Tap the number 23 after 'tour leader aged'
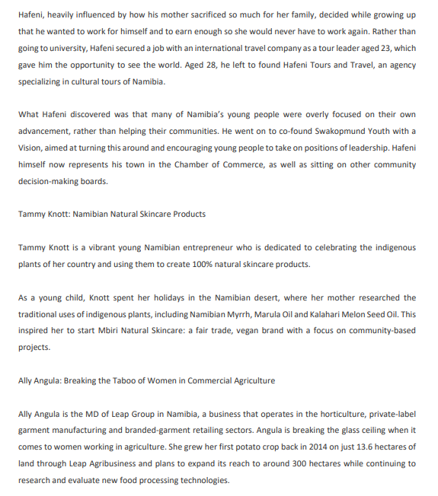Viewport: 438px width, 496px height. point(388,48)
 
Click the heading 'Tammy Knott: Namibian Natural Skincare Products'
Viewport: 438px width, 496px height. point(112,215)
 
